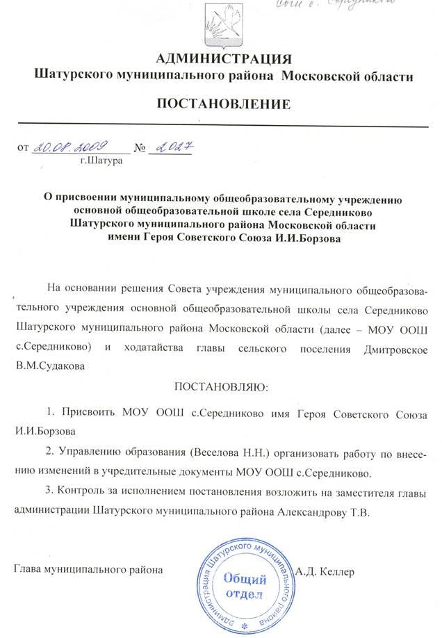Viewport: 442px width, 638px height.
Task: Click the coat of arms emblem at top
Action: point(220,25)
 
